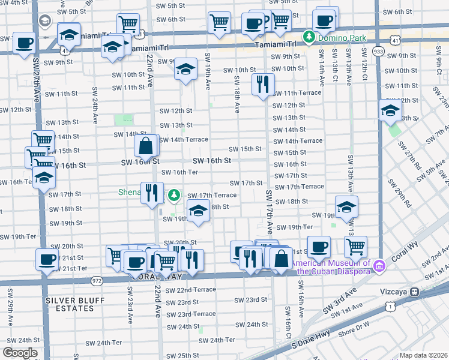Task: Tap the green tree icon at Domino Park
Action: pyautogui.click(x=309, y=37)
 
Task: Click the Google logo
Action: pyautogui.click(x=20, y=353)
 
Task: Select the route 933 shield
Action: pyautogui.click(x=378, y=52)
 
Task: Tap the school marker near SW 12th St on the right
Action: pyautogui.click(x=390, y=110)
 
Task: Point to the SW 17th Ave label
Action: pyautogui.click(x=270, y=212)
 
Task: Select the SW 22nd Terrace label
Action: pyautogui.click(x=187, y=290)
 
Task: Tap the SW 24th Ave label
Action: pyautogui.click(x=95, y=106)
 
